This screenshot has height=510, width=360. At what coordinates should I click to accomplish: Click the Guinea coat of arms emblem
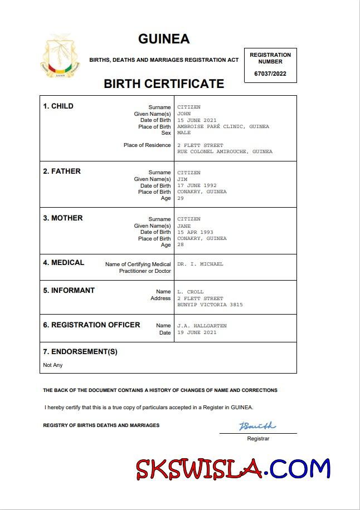pyautogui.click(x=60, y=57)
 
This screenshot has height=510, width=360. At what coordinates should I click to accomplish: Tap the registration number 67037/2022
pyautogui.click(x=270, y=73)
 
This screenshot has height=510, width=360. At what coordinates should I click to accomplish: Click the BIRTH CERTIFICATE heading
pyautogui.click(x=164, y=84)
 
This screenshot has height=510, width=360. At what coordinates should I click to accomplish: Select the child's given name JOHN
pyautogui.click(x=184, y=114)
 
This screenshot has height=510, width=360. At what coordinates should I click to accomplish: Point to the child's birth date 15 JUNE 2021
pyautogui.click(x=197, y=120)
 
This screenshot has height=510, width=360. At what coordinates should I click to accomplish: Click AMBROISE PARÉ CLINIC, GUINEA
pyautogui.click(x=223, y=126)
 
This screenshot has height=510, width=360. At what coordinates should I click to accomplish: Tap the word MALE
pyautogui.click(x=184, y=133)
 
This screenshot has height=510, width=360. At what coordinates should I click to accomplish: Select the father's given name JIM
pyautogui.click(x=182, y=179)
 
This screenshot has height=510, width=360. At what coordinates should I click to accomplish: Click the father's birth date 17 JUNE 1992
pyautogui.click(x=197, y=185)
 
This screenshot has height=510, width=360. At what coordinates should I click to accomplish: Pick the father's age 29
pyautogui.click(x=181, y=198)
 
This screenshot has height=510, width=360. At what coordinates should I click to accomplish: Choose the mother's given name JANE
pyautogui.click(x=184, y=226)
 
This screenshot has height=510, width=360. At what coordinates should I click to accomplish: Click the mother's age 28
pyautogui.click(x=181, y=245)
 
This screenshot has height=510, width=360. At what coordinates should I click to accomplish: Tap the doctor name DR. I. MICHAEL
pyautogui.click(x=200, y=264)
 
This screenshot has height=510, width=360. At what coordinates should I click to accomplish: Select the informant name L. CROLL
pyautogui.click(x=191, y=292)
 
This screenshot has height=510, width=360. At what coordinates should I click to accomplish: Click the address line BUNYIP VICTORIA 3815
pyautogui.click(x=210, y=305)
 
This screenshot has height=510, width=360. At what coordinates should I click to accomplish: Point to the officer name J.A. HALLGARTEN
pyautogui.click(x=202, y=326)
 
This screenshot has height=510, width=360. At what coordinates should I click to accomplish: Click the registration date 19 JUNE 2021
pyautogui.click(x=197, y=332)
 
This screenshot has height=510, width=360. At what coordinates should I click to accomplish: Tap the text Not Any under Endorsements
pyautogui.click(x=53, y=365)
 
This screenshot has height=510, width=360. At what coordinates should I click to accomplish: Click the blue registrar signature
pyautogui.click(x=257, y=426)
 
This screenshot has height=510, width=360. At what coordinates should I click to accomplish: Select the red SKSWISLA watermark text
pyautogui.click(x=199, y=469)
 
